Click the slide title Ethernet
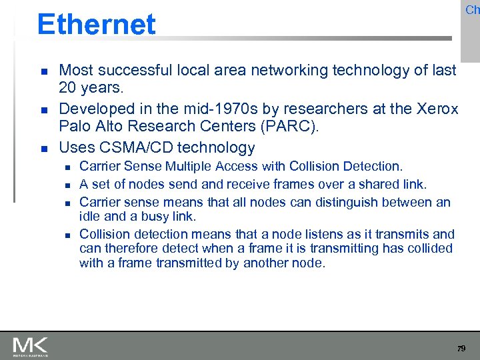(96, 25)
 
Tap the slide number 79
(461, 349)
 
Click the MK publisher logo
(30, 347)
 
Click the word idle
(89, 217)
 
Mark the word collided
(430, 249)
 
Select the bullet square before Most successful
(43, 71)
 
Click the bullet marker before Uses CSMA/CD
(43, 148)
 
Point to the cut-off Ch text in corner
(472, 9)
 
